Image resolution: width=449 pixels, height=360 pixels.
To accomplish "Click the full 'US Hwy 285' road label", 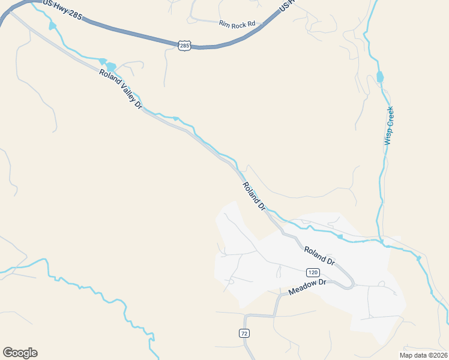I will point(63,8).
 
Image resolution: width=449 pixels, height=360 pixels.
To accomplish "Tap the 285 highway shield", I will point(184,45).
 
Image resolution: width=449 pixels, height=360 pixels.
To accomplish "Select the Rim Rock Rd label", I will point(237,25).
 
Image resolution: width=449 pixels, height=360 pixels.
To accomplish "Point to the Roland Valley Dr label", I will point(120,88).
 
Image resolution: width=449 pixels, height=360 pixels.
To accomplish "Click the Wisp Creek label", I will point(389,126).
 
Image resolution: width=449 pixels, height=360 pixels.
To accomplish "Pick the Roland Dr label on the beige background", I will point(254,195).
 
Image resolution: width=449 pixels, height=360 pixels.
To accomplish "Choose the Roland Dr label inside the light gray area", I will point(319,256).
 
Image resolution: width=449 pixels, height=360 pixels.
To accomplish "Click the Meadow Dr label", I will point(307,287).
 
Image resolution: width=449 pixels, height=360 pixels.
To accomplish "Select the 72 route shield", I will point(244,333).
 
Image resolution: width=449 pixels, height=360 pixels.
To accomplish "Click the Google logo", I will point(20,353).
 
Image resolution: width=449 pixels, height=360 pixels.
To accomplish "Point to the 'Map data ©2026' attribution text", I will point(423,355).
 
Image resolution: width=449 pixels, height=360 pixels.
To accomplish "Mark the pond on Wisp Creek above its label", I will point(379,77).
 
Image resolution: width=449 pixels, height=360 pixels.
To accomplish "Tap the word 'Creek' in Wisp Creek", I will point(390,117).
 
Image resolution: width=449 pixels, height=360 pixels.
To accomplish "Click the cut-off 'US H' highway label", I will point(286,7).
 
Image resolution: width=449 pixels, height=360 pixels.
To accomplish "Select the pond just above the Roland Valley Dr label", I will point(110,64).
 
